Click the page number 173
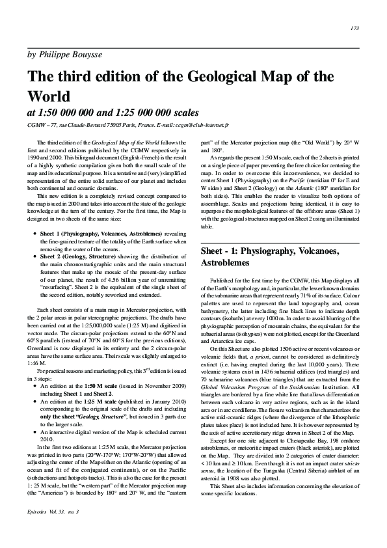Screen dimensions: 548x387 tap(354, 28)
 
